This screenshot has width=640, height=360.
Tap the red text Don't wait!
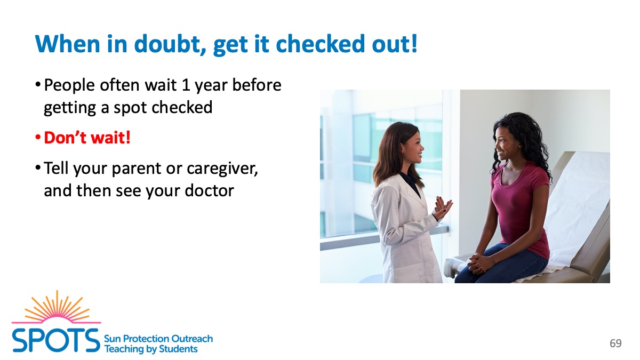click(87, 138)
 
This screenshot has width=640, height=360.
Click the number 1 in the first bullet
click(186, 85)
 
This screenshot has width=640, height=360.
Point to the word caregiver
click(222, 169)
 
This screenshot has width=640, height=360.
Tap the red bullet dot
click(38, 138)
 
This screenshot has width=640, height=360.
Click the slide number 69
click(615, 343)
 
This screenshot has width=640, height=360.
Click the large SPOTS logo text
click(56, 340)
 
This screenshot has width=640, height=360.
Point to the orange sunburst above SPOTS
click(57, 307)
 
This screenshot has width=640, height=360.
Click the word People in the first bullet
click(69, 85)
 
